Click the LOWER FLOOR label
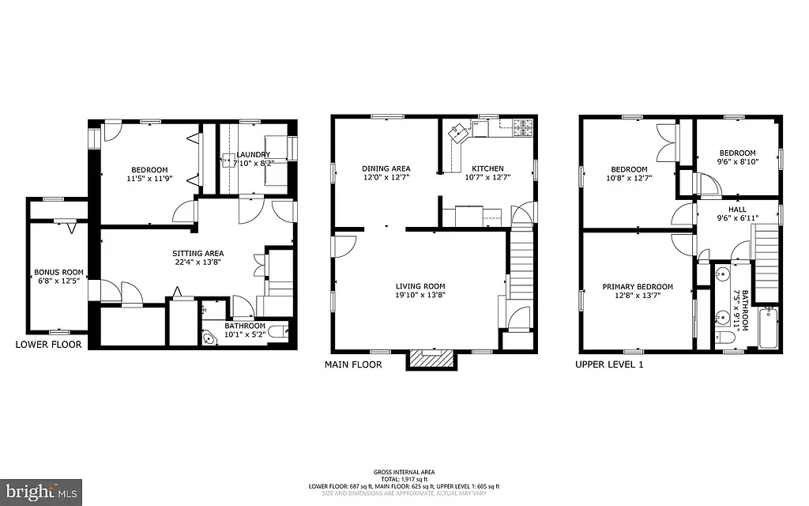(x=48, y=345)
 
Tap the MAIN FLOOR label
(x=353, y=364)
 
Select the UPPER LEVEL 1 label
(x=610, y=364)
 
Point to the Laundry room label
(x=252, y=155)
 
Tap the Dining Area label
(x=386, y=168)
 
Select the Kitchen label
(x=487, y=168)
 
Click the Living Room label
(x=420, y=286)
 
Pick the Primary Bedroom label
(x=637, y=287)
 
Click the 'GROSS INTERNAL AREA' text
(x=404, y=471)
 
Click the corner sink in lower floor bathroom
(x=210, y=338)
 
